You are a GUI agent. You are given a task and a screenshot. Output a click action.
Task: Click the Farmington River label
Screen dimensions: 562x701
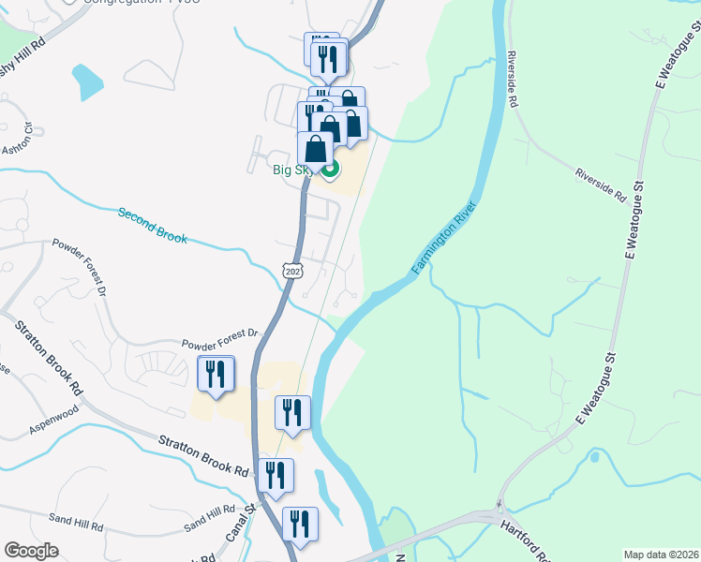tap(445, 239)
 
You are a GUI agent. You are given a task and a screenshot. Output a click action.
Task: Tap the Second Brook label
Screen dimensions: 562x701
tap(152, 226)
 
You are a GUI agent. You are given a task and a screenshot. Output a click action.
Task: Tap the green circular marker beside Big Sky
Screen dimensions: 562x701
tap(330, 170)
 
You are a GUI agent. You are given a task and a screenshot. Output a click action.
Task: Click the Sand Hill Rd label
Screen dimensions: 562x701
tap(209, 516)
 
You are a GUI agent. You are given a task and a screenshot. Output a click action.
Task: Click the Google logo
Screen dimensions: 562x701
tap(31, 550)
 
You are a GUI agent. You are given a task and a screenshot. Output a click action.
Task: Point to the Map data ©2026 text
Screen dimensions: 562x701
tap(661, 555)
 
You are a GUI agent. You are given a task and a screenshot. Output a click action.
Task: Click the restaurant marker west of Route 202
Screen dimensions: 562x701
tap(216, 376)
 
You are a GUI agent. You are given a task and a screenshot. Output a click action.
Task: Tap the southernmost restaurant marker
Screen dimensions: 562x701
tap(300, 525)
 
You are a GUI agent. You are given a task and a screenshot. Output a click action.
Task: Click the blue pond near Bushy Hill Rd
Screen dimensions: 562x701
tap(87, 82)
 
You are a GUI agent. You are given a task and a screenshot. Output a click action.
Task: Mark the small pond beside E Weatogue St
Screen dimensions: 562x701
tap(593, 458)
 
